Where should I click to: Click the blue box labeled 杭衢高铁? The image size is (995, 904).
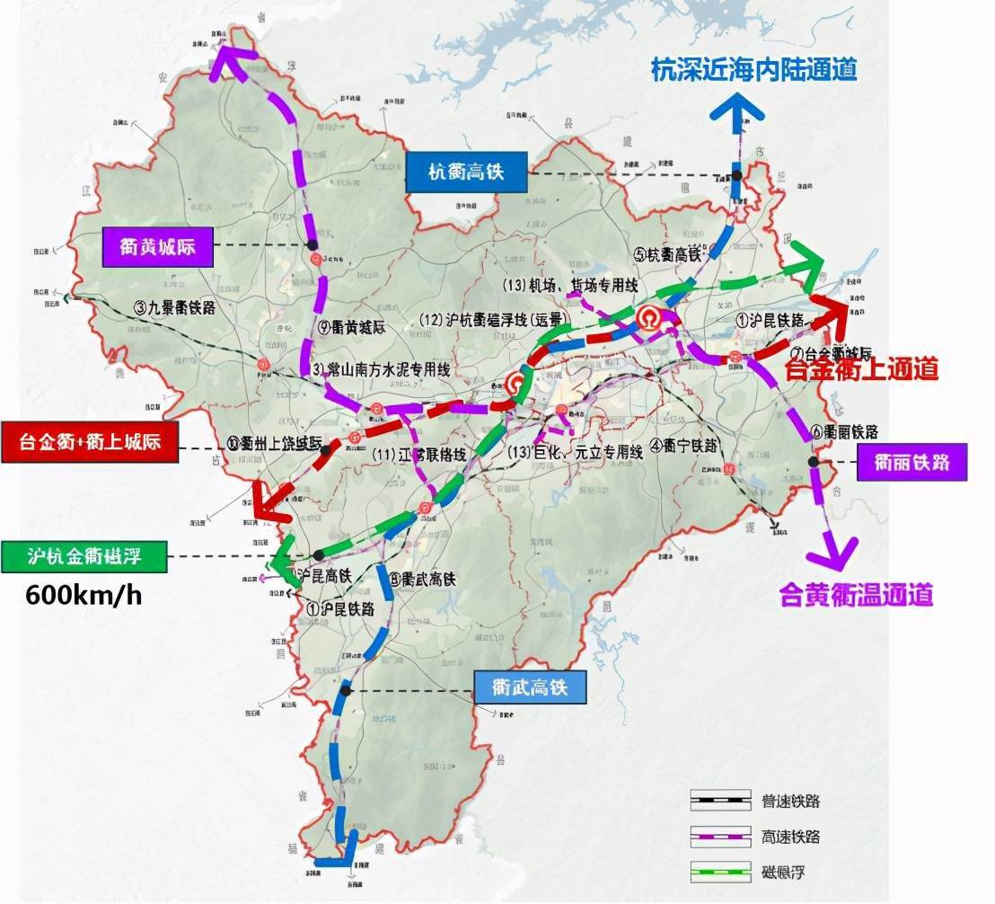pos(465,173)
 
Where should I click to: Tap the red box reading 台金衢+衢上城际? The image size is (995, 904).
pos(90,442)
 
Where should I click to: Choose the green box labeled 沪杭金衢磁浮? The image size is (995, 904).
pos(85,556)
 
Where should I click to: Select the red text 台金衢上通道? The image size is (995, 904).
pos(861,368)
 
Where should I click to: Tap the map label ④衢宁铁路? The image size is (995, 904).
pos(684,444)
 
